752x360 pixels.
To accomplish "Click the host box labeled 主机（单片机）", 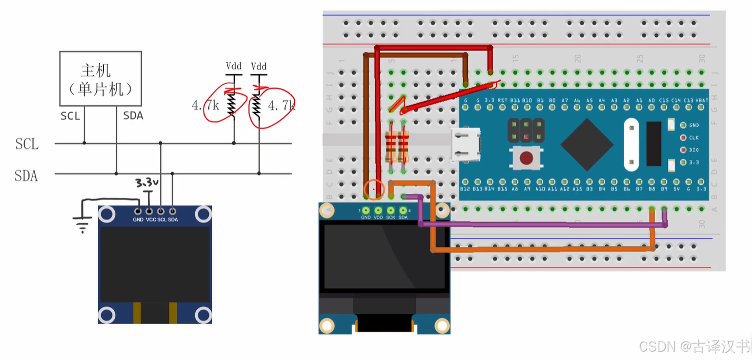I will click(101, 79).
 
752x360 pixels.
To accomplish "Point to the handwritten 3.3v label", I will click(147, 183).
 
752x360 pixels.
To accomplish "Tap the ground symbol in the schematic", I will click(83, 226).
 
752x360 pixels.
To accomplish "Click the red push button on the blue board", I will click(525, 158).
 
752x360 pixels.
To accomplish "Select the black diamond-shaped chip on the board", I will click(587, 144).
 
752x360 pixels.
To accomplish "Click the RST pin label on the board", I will click(503, 100).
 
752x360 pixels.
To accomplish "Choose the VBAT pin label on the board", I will click(701, 100).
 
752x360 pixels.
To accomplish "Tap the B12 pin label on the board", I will click(465, 188).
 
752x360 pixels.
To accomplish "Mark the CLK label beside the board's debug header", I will click(694, 138).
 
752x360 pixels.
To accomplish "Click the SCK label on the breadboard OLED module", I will click(390, 217).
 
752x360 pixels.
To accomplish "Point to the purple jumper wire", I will click(542, 224).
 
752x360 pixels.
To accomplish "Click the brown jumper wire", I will click(365, 121).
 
